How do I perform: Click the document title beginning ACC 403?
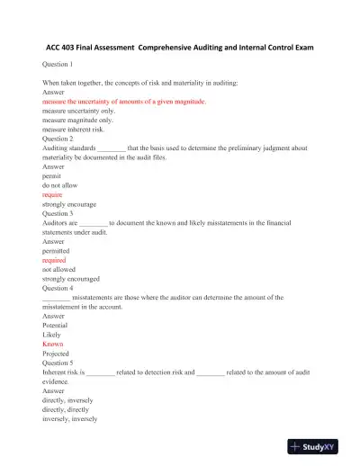pos(179,46)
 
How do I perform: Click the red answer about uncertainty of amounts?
pos(124,102)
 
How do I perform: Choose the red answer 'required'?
pos(55,259)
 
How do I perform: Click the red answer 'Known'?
pos(53,343)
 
